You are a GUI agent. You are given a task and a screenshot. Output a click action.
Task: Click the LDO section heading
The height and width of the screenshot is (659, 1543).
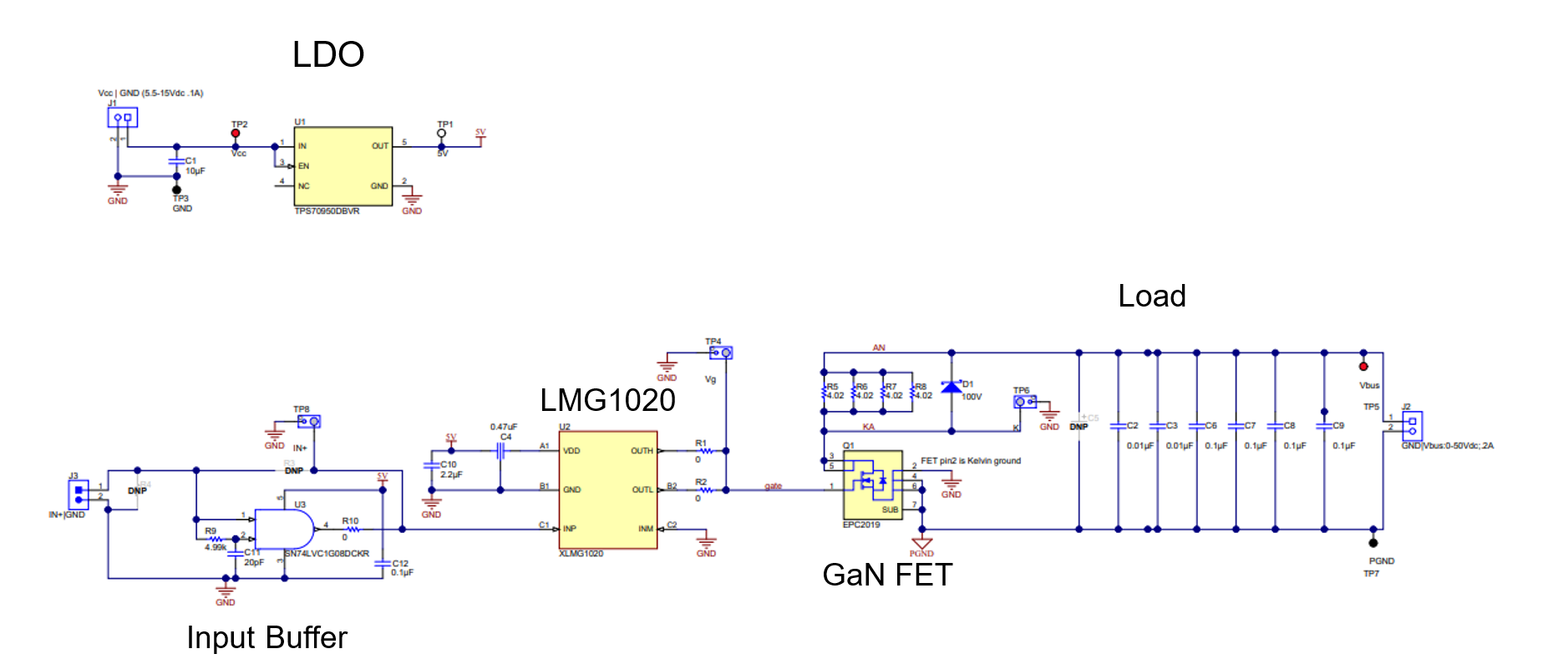point(327,55)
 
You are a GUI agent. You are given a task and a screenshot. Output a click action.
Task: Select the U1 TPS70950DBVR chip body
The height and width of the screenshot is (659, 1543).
point(343,166)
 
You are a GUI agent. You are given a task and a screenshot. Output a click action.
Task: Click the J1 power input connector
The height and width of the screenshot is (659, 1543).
point(122,118)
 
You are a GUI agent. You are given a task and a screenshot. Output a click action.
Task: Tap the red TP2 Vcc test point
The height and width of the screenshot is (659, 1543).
point(236,134)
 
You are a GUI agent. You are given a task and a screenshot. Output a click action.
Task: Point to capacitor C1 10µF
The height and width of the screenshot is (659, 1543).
point(176,160)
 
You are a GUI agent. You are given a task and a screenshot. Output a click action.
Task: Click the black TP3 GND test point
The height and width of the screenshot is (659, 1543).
point(176,190)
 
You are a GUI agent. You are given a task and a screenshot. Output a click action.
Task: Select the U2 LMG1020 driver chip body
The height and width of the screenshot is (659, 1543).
point(607,489)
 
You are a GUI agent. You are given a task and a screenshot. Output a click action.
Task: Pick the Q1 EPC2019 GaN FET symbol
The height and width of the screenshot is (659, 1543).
point(872,485)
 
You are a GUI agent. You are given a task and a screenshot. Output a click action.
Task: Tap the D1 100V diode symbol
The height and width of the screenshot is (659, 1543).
point(951,387)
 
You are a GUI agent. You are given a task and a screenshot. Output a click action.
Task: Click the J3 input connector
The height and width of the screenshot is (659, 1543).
point(79,495)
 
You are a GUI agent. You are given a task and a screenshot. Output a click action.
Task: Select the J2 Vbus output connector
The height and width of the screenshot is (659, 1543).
point(1412,427)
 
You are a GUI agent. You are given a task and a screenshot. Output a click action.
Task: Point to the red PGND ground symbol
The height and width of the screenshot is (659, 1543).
point(921,545)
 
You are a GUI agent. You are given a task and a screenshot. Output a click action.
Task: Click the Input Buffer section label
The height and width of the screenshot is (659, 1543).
point(266,638)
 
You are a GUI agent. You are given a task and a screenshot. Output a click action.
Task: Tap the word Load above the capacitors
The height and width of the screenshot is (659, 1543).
point(1151,297)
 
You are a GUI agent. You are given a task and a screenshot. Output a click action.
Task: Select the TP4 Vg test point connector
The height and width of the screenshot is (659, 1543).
point(721,353)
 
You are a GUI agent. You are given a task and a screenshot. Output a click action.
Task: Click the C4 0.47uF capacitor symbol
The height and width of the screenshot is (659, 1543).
point(501,451)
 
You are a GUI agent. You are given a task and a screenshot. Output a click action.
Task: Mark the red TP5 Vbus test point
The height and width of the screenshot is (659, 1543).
point(1363,367)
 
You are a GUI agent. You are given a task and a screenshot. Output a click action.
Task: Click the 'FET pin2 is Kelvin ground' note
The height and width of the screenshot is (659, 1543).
point(970,461)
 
